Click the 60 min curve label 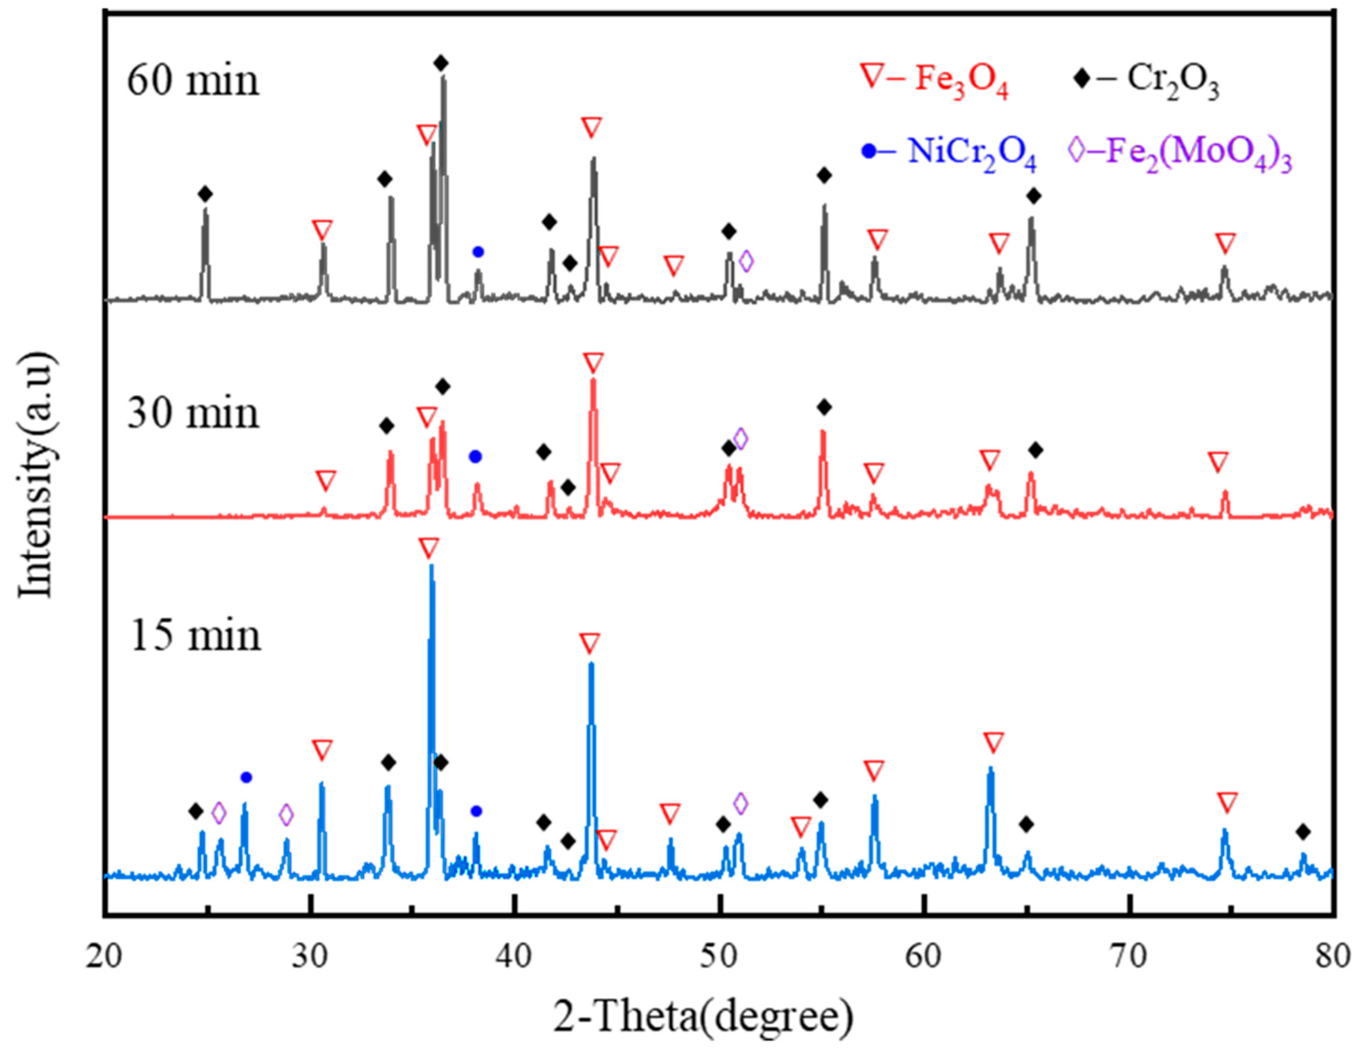click(193, 81)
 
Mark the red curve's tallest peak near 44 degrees click(593, 380)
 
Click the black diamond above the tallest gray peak click(441, 63)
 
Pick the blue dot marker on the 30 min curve click(475, 456)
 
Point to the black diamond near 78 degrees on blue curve click(1303, 831)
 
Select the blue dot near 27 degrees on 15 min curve click(246, 777)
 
